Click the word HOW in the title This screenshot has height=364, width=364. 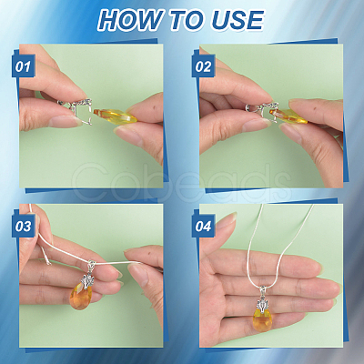(x=130, y=20)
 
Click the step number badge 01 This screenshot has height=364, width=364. (x=24, y=66)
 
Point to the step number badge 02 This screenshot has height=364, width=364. (x=203, y=66)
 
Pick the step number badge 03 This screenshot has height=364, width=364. (x=24, y=226)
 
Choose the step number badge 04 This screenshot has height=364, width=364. (x=203, y=226)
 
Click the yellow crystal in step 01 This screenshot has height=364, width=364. (x=115, y=116)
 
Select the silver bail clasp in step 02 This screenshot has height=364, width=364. (x=262, y=111)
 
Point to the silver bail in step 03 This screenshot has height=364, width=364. (x=88, y=275)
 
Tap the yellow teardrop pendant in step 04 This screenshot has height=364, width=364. (x=263, y=318)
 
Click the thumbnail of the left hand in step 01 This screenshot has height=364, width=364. (x=63, y=122)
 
